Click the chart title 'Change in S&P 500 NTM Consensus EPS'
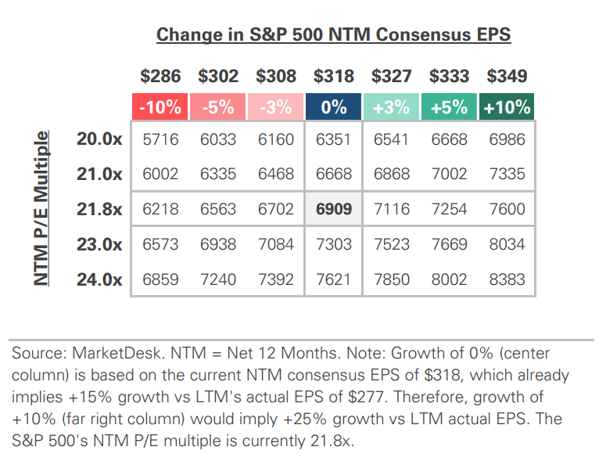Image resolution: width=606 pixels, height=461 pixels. click(x=334, y=35)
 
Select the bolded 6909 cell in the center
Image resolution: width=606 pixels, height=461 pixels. click(x=334, y=210)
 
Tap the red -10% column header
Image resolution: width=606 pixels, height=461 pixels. click(x=160, y=107)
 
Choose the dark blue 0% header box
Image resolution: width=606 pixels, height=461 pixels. click(x=334, y=107)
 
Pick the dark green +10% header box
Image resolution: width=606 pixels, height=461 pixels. click(x=507, y=107)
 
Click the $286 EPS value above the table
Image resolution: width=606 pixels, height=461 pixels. click(x=160, y=77)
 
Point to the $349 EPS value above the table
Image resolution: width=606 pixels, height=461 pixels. click(x=507, y=77)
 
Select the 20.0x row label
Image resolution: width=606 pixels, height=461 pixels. click(x=99, y=140)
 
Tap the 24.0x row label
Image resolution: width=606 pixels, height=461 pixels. click(x=99, y=279)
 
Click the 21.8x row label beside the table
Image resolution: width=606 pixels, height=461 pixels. click(x=99, y=210)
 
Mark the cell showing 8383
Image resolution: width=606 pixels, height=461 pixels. click(x=507, y=279)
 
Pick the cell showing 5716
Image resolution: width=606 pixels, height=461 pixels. click(x=160, y=140)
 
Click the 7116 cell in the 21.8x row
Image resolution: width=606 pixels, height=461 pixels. click(x=392, y=210)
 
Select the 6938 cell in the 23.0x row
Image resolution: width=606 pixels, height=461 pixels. click(x=218, y=244)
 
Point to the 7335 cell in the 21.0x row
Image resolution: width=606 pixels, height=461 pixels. click(x=507, y=175)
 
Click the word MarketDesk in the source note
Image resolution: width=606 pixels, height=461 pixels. click(x=106, y=354)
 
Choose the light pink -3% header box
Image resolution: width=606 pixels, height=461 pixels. click(x=276, y=107)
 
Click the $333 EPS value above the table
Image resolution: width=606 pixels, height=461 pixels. click(x=449, y=77)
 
